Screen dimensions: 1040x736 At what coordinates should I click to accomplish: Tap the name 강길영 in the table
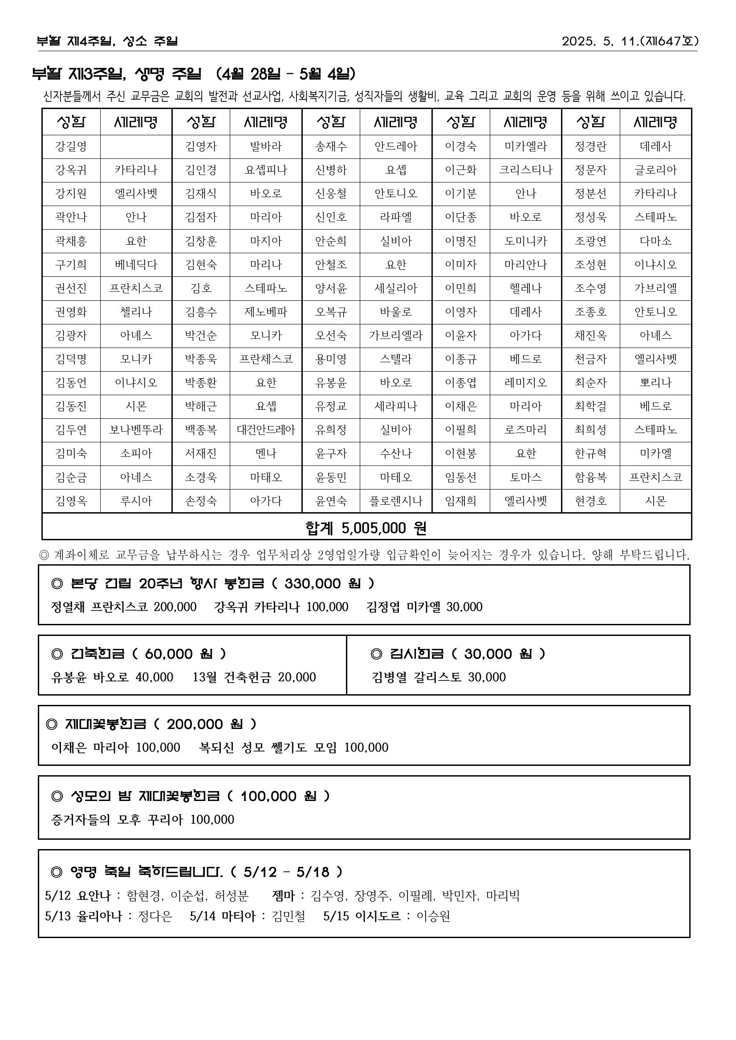coord(71,147)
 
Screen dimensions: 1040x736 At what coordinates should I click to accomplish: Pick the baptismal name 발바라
coord(265,147)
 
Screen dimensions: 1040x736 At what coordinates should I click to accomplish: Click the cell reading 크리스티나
coord(526,170)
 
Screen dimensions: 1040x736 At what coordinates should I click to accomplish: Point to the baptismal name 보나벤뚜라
coord(136,430)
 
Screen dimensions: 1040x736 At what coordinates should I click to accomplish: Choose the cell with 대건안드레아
coord(265,430)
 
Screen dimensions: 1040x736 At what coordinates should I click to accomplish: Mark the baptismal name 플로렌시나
coord(396,501)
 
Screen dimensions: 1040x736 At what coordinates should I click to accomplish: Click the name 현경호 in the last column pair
coord(590,501)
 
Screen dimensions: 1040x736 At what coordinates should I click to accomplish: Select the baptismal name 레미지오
coord(526,383)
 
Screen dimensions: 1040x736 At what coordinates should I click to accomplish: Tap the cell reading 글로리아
coord(655,170)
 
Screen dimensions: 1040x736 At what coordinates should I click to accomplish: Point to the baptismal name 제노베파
coord(265,312)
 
